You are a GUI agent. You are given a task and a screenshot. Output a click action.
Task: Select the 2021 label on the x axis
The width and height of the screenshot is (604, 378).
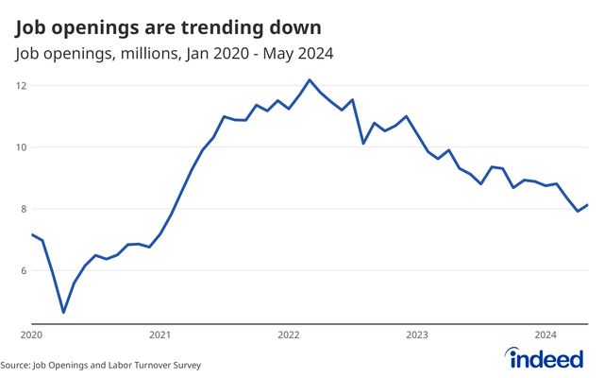(x=159, y=335)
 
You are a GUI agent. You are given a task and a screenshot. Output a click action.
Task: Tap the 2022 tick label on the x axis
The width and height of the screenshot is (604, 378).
(x=289, y=335)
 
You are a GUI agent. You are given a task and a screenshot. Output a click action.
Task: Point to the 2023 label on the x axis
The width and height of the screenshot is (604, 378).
(x=417, y=335)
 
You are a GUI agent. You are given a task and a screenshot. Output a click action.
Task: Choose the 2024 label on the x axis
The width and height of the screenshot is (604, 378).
(x=545, y=335)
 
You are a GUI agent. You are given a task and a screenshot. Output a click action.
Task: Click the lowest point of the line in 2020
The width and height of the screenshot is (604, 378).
(x=63, y=312)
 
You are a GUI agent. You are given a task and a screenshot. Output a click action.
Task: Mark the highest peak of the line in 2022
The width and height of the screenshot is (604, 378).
(x=310, y=80)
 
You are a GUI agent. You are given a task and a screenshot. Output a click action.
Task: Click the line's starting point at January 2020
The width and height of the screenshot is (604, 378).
(x=32, y=234)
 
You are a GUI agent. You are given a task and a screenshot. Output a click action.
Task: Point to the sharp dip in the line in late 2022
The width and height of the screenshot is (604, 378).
(x=363, y=143)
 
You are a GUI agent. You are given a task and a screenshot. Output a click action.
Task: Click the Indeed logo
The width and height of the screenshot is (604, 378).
(x=549, y=358)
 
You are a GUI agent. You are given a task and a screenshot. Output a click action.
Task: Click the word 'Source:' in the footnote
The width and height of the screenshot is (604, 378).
(x=16, y=365)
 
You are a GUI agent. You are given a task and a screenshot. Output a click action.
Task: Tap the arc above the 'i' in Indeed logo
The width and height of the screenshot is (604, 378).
(x=514, y=351)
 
